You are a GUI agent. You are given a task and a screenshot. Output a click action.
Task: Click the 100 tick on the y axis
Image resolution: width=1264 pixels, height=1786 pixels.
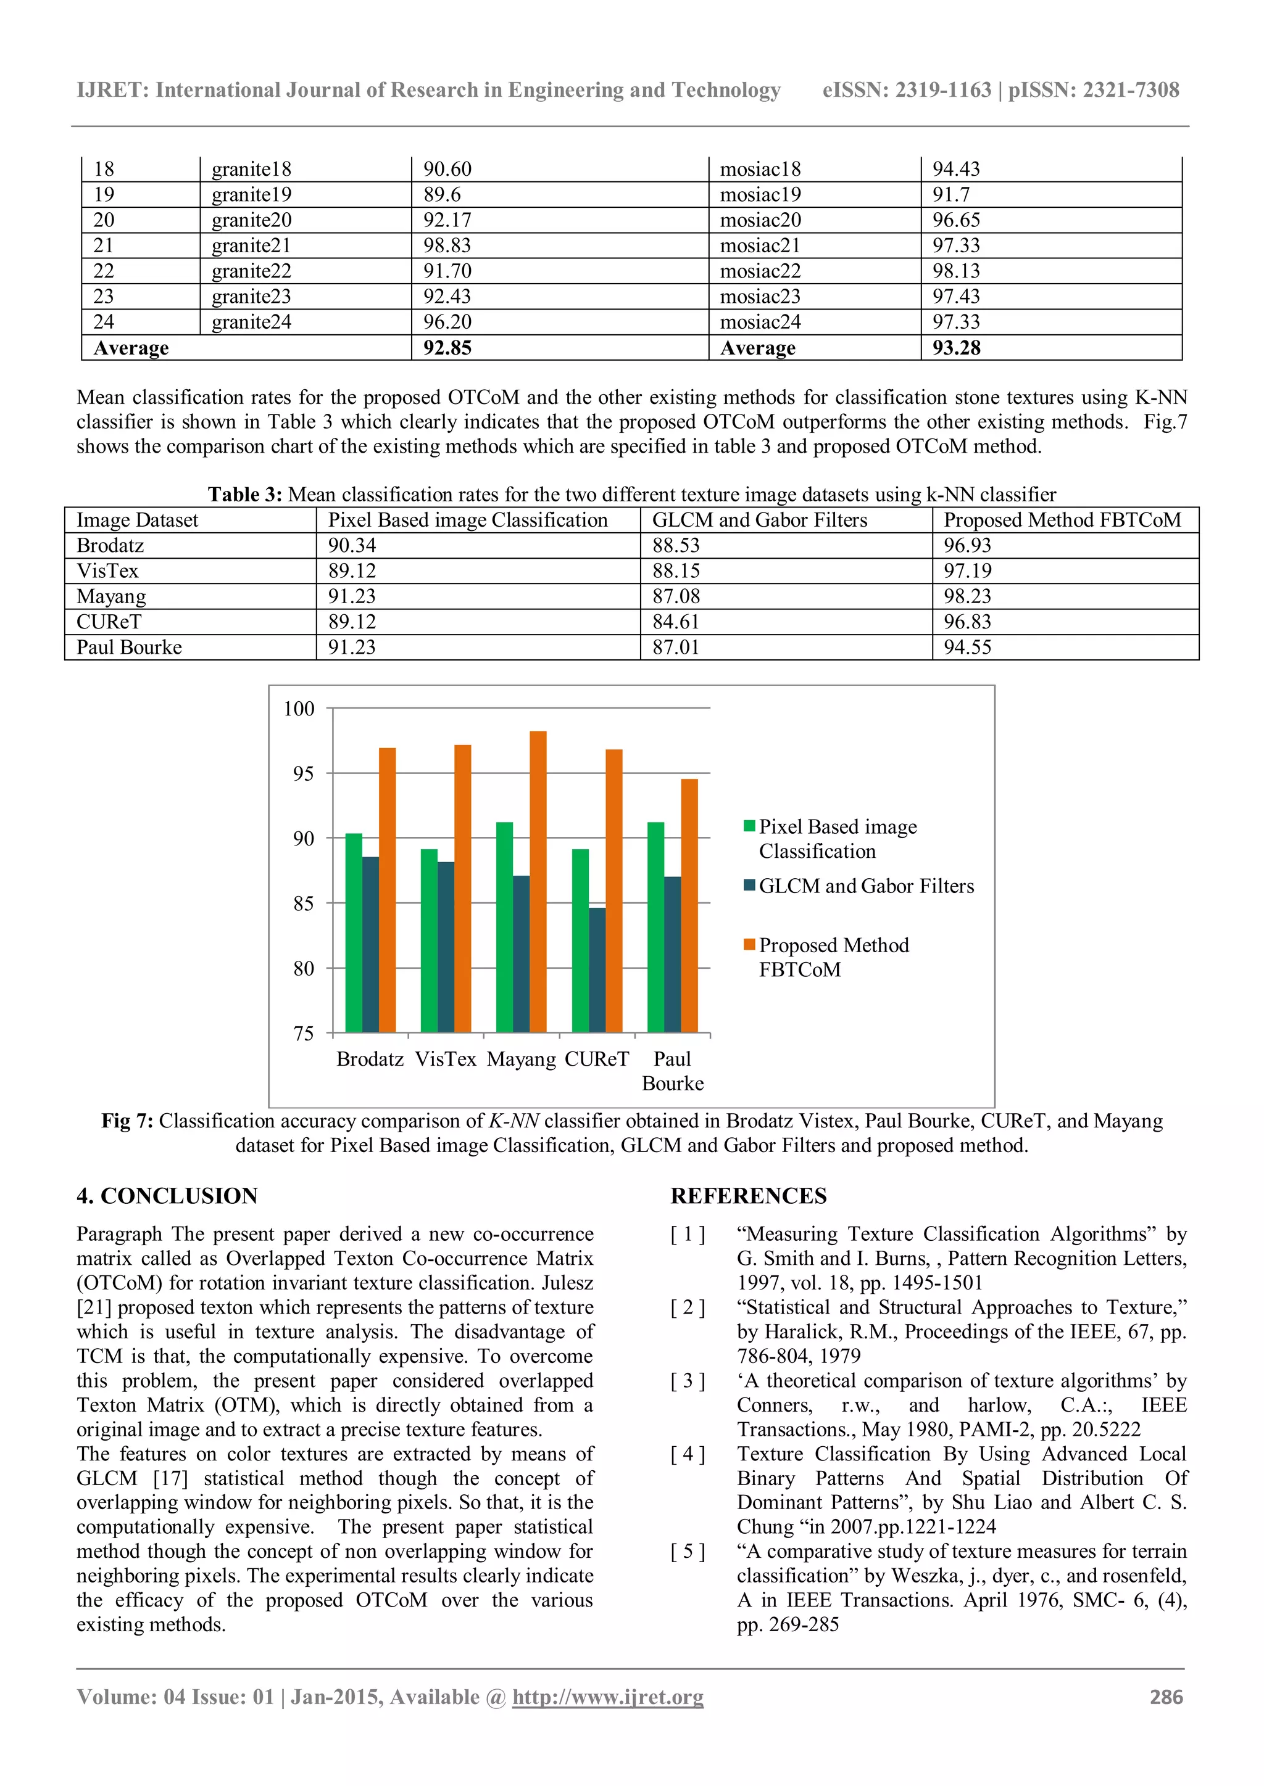[x=300, y=709]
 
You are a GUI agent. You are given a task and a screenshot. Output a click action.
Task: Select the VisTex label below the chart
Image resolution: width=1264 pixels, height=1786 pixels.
[x=445, y=1059]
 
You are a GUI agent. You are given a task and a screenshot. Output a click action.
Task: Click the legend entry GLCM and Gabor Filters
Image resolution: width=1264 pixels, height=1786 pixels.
[x=865, y=886]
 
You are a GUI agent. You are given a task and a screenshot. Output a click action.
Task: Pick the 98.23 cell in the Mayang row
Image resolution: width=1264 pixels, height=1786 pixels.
[x=968, y=596]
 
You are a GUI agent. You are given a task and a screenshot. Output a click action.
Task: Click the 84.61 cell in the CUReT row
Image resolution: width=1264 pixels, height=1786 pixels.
[x=676, y=622]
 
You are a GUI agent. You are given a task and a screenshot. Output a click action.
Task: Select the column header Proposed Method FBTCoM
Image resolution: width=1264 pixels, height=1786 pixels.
[x=1062, y=520]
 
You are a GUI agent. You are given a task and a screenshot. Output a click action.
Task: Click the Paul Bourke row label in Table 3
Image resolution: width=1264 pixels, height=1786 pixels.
[x=129, y=647]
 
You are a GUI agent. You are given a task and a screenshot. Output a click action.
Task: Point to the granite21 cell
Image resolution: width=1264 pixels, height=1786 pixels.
[x=251, y=246]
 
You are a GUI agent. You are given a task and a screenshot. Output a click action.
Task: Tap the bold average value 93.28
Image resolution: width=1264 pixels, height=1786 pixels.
[x=957, y=348]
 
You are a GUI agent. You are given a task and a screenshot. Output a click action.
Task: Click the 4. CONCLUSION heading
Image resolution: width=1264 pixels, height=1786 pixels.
[x=167, y=1196]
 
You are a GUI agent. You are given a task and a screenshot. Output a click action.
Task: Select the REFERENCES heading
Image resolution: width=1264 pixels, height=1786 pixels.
[x=748, y=1196]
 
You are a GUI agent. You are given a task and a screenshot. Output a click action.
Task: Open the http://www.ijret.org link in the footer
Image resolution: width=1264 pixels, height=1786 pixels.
[x=607, y=1697]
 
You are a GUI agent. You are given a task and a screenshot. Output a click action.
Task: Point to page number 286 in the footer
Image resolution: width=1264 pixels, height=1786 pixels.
[x=1166, y=1697]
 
